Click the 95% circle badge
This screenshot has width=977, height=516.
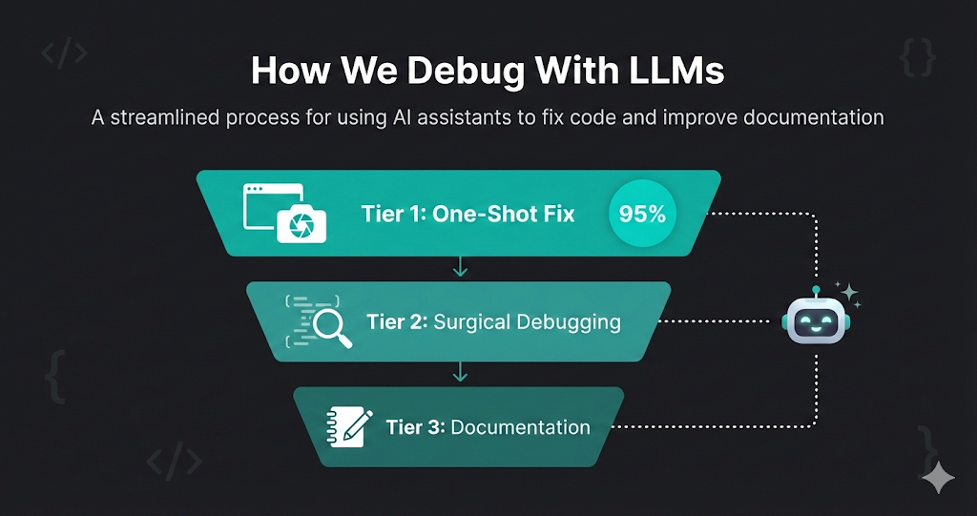[x=643, y=214]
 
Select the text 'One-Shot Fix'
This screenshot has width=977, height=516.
[x=503, y=213]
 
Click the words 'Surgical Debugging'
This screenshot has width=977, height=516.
[x=527, y=321]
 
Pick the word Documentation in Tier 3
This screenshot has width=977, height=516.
[x=520, y=426]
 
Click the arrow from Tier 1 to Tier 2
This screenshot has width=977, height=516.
[x=460, y=267]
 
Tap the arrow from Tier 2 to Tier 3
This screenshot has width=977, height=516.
[x=460, y=372]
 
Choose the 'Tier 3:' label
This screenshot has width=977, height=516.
[x=415, y=426]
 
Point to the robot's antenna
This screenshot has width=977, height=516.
[x=816, y=288]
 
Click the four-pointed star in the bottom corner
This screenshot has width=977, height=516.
[x=938, y=477]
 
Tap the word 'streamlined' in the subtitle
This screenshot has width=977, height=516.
[x=164, y=119]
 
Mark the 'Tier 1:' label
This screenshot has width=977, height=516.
[x=393, y=213]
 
